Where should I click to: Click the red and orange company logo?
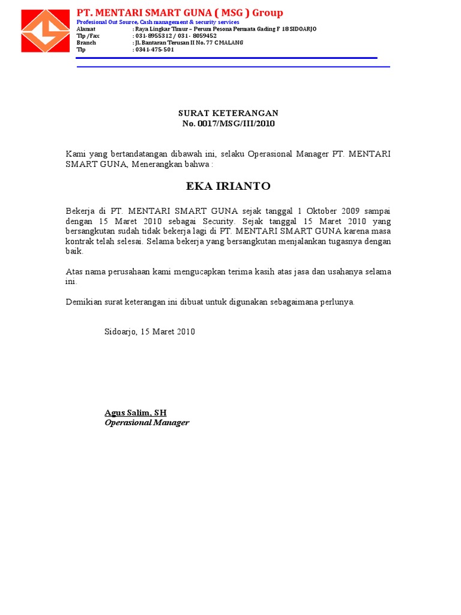pyautogui.click(x=45, y=31)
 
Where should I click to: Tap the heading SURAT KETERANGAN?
pyautogui.click(x=228, y=113)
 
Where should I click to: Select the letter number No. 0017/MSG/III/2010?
pyautogui.click(x=228, y=123)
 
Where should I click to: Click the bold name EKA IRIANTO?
pyautogui.click(x=228, y=186)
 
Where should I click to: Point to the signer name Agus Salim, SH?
pyautogui.click(x=135, y=413)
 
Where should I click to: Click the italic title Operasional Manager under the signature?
pyautogui.click(x=146, y=422)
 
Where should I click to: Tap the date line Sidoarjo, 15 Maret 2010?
pyautogui.click(x=149, y=332)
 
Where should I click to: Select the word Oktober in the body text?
pyautogui.click(x=324, y=211)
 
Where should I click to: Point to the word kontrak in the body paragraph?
pyautogui.click(x=79, y=241)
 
